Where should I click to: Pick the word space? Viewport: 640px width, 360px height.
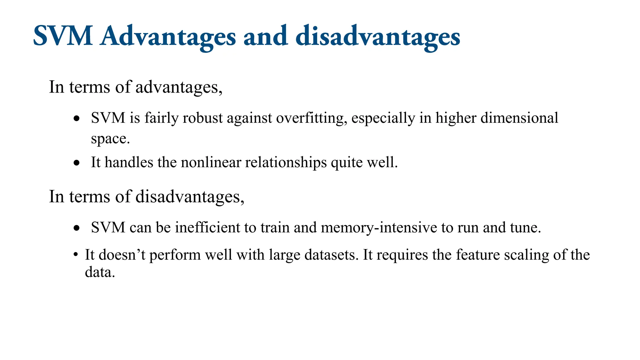110,139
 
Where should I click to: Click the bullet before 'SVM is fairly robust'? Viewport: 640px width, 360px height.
77,119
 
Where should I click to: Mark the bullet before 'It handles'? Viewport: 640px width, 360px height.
77,163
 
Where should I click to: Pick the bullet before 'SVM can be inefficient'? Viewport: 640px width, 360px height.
77,228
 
